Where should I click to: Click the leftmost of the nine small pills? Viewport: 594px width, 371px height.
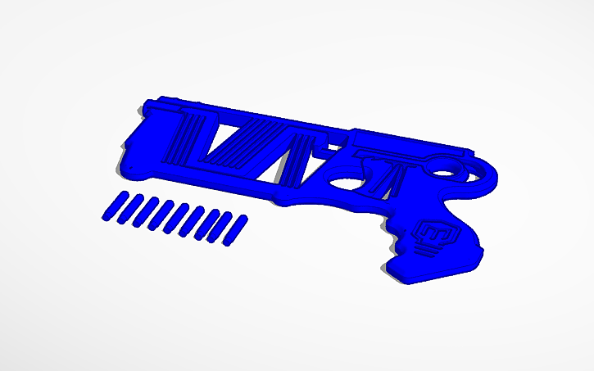[112, 206]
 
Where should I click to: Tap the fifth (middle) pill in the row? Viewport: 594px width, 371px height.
[173, 217]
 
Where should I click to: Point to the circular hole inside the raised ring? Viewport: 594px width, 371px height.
[442, 171]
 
